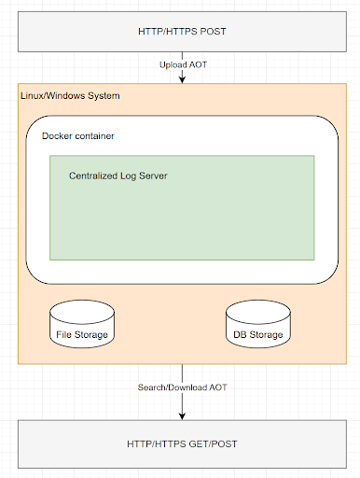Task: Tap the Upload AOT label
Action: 182,64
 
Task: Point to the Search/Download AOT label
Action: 182,387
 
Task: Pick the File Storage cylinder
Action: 80,325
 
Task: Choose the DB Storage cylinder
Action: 257,325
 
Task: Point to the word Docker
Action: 60,136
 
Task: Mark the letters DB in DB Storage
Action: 238,334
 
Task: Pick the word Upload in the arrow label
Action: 173,64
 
